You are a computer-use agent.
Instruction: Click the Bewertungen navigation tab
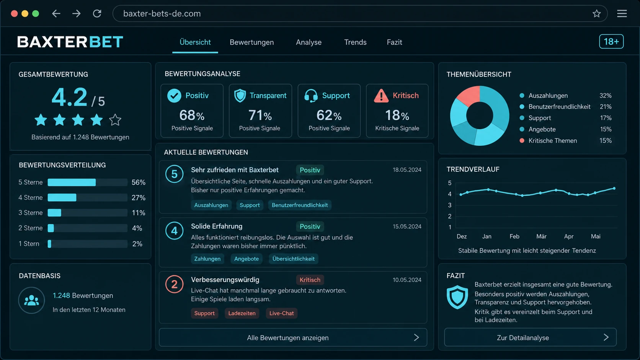click(x=251, y=42)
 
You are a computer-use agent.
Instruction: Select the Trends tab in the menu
click(x=355, y=42)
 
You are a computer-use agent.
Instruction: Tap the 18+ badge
click(x=611, y=42)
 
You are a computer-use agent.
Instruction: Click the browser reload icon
click(x=97, y=13)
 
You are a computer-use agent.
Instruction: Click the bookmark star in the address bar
click(x=596, y=13)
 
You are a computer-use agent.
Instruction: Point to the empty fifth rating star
click(x=115, y=120)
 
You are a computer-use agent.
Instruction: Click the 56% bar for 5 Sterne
click(x=72, y=182)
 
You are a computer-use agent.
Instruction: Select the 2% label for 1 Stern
click(x=137, y=244)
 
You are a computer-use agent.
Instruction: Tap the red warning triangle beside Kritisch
click(x=381, y=96)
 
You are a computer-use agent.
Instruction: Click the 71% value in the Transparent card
click(x=260, y=115)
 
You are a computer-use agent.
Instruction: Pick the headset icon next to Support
click(x=311, y=96)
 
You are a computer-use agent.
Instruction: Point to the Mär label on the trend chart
click(x=541, y=236)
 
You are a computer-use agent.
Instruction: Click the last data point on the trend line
click(x=614, y=189)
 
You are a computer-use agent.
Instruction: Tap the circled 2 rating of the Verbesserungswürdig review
click(x=174, y=284)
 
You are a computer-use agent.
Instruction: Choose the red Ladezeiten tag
click(x=242, y=313)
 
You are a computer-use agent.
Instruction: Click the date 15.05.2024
click(x=407, y=226)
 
